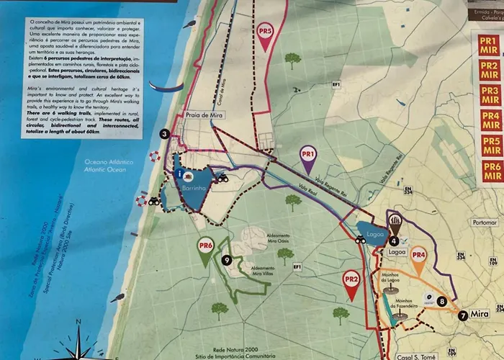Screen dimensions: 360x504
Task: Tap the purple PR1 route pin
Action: (x=308, y=156)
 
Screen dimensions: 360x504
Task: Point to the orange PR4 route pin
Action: (x=419, y=256)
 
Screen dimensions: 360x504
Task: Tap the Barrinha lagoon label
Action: (x=194, y=186)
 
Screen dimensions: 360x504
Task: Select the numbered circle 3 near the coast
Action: (x=165, y=134)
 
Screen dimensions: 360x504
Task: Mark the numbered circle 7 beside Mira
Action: (x=463, y=315)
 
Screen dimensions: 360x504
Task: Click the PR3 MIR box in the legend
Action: (x=491, y=95)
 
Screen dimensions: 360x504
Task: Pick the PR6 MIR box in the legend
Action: (x=492, y=171)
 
